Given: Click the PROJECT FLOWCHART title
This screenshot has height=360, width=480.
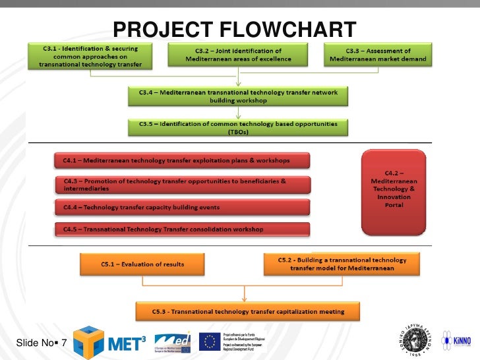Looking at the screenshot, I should point(235,30).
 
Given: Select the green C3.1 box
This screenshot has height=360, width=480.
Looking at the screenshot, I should point(90,57).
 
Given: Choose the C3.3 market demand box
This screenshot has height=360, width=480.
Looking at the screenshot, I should point(378,55).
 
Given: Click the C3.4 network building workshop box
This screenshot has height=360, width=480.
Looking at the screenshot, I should point(238,97).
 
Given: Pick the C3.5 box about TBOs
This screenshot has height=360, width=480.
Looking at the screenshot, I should point(238,127).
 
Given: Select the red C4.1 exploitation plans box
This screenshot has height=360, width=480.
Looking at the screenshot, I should point(181,160).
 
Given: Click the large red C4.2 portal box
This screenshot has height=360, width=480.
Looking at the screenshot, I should point(394,192).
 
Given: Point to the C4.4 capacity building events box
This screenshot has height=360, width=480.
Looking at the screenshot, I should point(181,208).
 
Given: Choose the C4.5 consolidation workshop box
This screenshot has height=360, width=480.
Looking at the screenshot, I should point(181,229).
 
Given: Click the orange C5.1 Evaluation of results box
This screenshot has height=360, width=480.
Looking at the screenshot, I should point(143,264).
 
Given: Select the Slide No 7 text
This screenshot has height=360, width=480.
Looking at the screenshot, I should point(41,343).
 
